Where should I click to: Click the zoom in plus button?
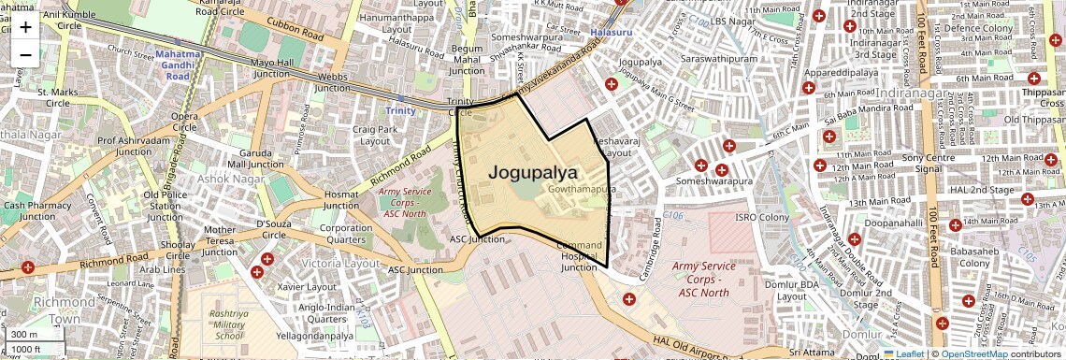(25, 26)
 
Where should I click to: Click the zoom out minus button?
(25, 54)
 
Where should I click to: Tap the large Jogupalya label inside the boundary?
(533, 173)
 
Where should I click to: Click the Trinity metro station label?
(400, 110)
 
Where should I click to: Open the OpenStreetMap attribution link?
(973, 353)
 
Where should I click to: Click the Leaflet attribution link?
(902, 353)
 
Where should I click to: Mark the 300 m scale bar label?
(24, 334)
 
